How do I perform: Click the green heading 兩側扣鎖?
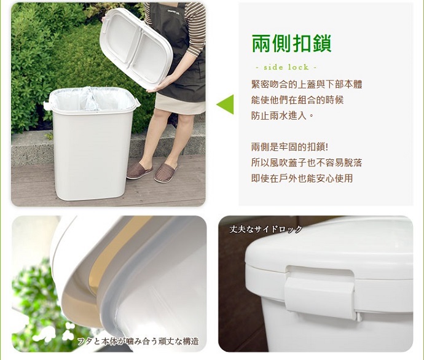[291, 44]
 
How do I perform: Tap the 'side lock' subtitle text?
[286, 67]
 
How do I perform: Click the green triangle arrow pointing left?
[225, 104]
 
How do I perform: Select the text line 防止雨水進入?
[283, 115]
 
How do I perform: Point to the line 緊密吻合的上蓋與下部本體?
[307, 84]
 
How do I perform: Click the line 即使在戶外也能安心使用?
[302, 178]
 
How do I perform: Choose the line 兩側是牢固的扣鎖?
[290, 147]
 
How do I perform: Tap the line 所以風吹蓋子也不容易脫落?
[307, 163]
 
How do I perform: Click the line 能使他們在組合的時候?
[297, 100]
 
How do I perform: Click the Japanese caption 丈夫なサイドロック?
[266, 230]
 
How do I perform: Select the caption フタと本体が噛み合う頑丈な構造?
[138, 342]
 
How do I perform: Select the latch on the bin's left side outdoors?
[47, 105]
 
